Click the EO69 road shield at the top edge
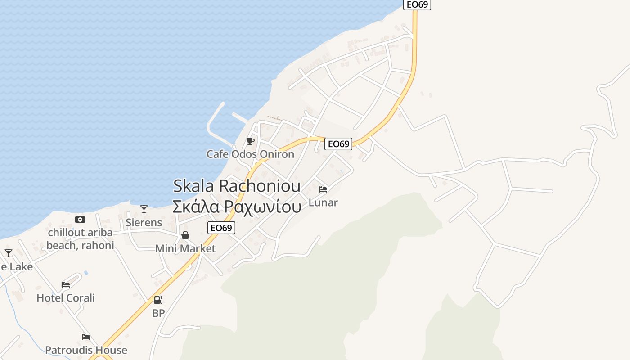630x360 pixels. click(x=417, y=4)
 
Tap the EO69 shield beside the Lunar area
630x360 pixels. click(x=338, y=144)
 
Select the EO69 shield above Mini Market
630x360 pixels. click(x=221, y=228)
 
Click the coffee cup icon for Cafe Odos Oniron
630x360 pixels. click(x=251, y=141)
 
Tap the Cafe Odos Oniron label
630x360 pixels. click(x=250, y=154)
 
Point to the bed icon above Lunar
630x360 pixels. click(x=323, y=189)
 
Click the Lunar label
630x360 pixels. click(x=323, y=203)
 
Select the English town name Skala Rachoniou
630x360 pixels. click(x=237, y=186)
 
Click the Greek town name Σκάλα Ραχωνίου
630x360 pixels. click(x=237, y=207)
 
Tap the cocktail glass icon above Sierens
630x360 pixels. click(x=144, y=209)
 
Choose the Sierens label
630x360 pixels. click(x=144, y=222)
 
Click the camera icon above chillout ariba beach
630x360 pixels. click(x=80, y=219)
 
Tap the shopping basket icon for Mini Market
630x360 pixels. click(x=185, y=235)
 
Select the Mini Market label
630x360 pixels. click(x=185, y=248)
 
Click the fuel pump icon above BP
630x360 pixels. click(x=158, y=300)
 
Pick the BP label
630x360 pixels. click(x=158, y=313)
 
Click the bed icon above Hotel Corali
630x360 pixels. click(x=66, y=285)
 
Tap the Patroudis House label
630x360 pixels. click(x=86, y=350)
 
